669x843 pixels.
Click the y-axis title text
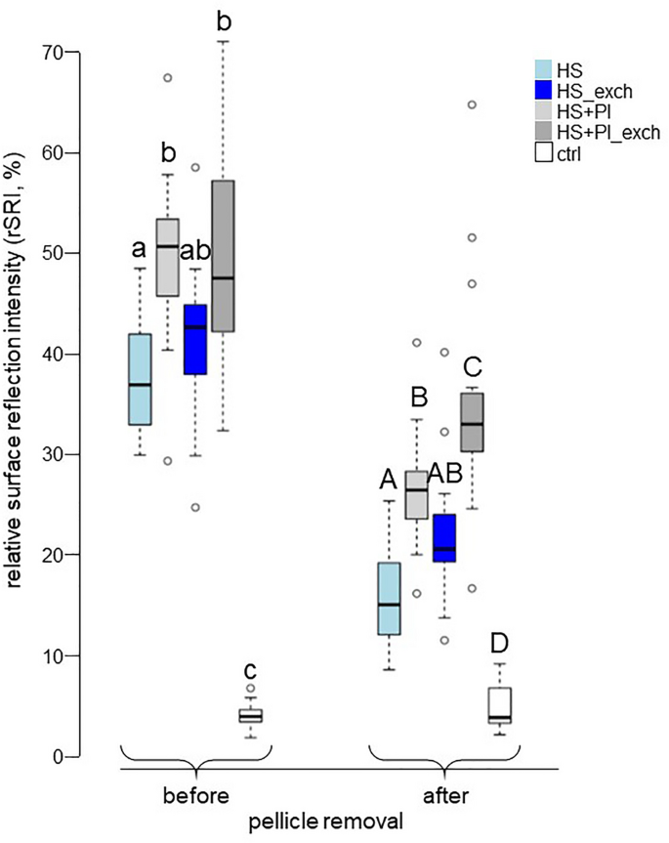click(18, 403)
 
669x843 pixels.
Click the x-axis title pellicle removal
click(337, 823)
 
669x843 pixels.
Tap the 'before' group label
click(196, 796)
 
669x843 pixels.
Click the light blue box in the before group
click(141, 379)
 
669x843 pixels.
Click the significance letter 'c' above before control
click(251, 671)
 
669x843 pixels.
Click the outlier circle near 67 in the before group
click(168, 78)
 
